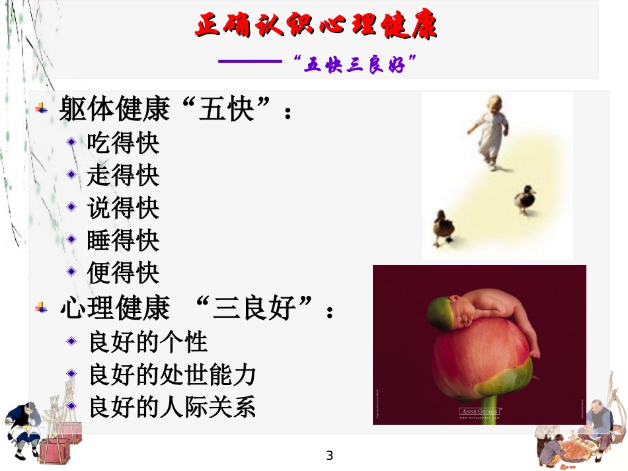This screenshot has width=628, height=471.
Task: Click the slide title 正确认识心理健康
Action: tap(316, 26)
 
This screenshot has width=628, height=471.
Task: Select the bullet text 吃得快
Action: tap(123, 144)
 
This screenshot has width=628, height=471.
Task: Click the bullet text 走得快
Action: tap(123, 176)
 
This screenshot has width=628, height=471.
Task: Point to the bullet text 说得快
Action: tap(123, 209)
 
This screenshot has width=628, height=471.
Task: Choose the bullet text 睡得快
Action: tap(123, 241)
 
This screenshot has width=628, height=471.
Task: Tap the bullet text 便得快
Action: tap(123, 273)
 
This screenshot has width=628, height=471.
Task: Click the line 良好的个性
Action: tap(147, 342)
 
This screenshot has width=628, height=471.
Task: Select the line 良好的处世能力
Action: tap(172, 375)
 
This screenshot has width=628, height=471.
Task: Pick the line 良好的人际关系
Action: tap(172, 407)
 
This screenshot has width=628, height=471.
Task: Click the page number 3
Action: tap(330, 456)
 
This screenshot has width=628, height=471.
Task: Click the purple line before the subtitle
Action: tap(251, 63)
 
